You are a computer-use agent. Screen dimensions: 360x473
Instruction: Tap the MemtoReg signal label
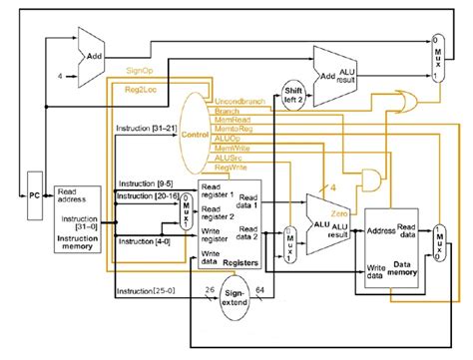point(236,130)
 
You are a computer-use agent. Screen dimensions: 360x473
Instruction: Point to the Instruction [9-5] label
point(140,183)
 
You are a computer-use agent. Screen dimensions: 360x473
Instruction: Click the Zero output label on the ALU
point(339,212)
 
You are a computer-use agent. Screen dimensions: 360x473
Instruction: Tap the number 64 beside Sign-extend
point(258,290)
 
